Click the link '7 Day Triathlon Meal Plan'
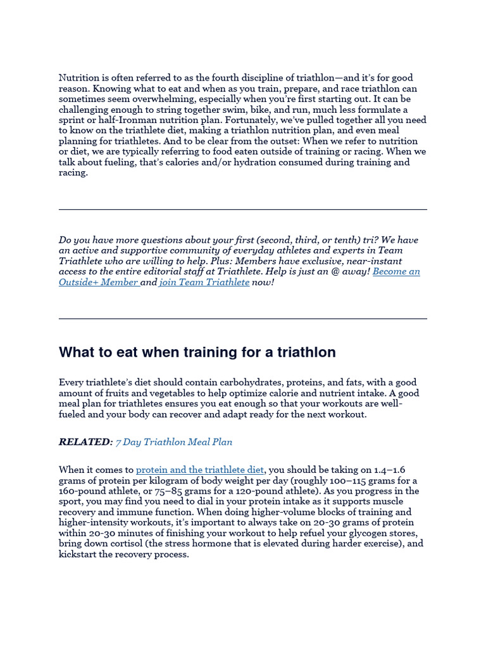coord(169,442)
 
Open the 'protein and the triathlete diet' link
coord(199,470)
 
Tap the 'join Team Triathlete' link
coord(204,282)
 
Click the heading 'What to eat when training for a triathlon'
coord(197,352)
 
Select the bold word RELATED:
coord(85,442)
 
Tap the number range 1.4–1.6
coord(390,470)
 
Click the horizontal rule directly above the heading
coord(243,318)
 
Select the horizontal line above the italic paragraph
coord(243,209)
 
